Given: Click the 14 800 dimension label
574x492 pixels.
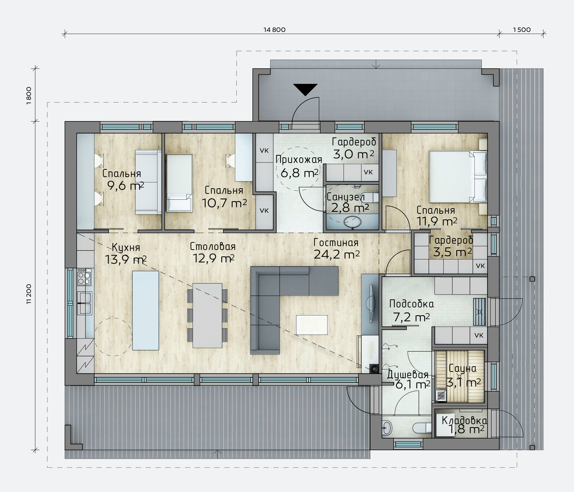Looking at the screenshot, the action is coord(274,30).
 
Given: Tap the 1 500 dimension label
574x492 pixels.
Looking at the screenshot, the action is coord(522,30).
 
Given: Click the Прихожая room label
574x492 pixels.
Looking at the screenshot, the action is coord(299,160).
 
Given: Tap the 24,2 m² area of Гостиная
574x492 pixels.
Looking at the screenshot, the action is coord(337,254).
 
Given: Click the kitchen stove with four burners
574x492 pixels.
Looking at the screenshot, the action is coord(84,277).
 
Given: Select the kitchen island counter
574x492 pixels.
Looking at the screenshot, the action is coord(145,310).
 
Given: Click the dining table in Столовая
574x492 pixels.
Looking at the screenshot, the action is coord(207,315).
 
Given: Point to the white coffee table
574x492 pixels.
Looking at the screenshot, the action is coord(312,325).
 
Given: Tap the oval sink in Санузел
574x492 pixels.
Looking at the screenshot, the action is coord(352,223).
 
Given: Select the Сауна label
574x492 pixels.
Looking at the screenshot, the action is coord(462,368).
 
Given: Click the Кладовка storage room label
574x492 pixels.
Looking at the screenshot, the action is coord(464,420).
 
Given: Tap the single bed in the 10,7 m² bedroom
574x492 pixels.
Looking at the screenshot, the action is coord(179,183).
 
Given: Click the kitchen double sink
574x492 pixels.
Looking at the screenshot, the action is coord(84,303).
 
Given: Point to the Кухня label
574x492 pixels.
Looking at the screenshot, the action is coord(126,247).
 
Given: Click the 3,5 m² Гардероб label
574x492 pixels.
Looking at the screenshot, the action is coord(452,252).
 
